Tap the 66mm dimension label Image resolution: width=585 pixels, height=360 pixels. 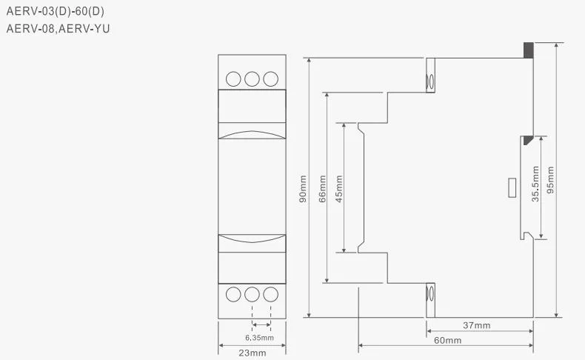pos(322,188)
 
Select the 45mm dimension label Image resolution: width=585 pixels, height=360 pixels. pos(339,188)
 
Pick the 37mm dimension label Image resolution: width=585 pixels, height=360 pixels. pos(477,325)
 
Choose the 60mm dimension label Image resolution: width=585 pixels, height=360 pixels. pos(448,340)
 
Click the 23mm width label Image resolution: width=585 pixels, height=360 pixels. pos(253,353)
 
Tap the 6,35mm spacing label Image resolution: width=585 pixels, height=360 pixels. pos(259,338)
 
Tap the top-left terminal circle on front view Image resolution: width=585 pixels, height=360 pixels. pos(234,78)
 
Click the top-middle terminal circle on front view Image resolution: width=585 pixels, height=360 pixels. pos(253,78)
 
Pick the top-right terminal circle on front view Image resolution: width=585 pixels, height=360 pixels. pos(270,78)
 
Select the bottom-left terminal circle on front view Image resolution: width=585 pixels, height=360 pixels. pos(234,294)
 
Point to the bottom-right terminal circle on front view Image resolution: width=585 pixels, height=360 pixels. pos(270,294)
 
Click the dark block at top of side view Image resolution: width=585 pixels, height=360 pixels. pos(528,50)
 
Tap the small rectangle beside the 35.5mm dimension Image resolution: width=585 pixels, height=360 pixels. pos(512,188)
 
